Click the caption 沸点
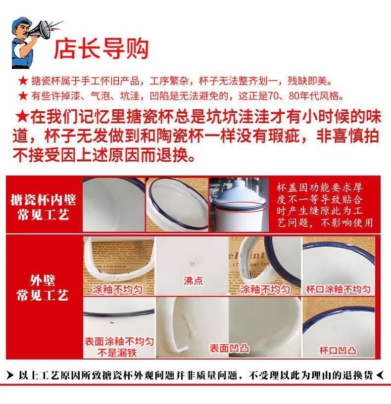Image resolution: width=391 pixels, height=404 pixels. tap(193, 280)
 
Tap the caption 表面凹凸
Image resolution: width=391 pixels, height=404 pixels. tap(229, 348)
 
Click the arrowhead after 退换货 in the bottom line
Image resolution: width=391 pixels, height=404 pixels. tap(380, 376)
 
